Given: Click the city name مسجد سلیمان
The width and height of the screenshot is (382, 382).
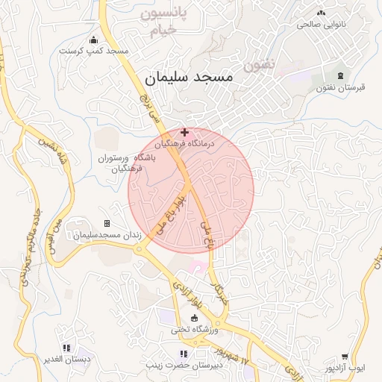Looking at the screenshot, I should point(187,76).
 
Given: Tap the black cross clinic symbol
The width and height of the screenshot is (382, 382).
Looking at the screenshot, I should point(184,132).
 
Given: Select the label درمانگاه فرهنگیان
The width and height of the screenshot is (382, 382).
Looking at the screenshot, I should point(184,143).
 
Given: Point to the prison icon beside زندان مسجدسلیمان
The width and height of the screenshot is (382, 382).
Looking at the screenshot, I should point(107,223).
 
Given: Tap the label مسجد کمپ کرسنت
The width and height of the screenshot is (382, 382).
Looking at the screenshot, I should point(96,51).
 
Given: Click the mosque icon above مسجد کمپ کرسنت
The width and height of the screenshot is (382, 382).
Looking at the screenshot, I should point(93,40).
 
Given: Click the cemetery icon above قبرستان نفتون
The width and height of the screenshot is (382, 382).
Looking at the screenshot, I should point(342,75).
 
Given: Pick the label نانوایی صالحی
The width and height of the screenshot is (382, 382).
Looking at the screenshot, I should point(322,24).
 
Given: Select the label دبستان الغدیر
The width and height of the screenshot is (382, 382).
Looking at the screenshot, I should point(66,359).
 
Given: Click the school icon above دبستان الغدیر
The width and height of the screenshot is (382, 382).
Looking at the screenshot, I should point(66,347).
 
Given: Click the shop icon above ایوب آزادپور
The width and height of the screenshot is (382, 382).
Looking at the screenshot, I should point(344,357).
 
